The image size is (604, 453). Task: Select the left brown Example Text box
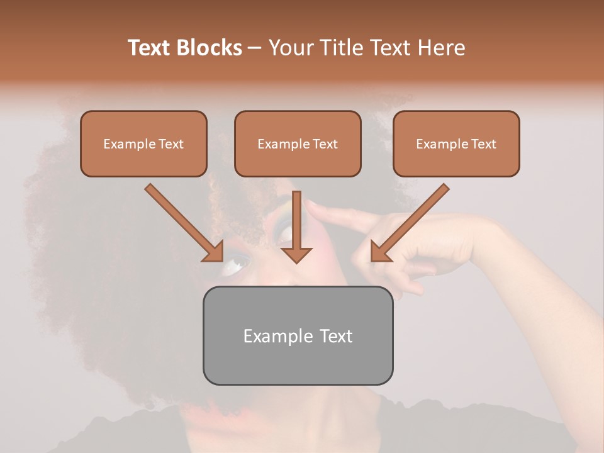143,143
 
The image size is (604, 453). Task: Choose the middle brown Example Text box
298,143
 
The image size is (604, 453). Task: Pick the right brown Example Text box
456,143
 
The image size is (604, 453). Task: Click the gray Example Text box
298,335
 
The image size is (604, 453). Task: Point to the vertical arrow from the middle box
296,220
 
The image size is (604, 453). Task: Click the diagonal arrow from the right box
415,217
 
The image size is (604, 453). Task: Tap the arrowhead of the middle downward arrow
296,254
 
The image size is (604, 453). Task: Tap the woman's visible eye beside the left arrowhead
234,267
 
